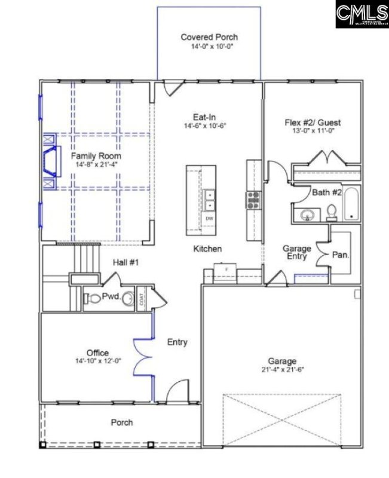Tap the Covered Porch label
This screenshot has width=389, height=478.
[x=209, y=37]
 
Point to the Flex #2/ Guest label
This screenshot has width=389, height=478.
[x=313, y=124]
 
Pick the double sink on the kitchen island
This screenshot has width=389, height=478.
[x=209, y=200]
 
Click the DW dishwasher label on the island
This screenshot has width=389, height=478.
[x=209, y=219]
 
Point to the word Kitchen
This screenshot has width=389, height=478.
[x=207, y=249]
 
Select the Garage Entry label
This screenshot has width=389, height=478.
[x=295, y=253]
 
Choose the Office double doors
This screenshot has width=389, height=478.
[x=142, y=356]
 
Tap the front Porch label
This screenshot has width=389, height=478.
[x=122, y=422]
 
